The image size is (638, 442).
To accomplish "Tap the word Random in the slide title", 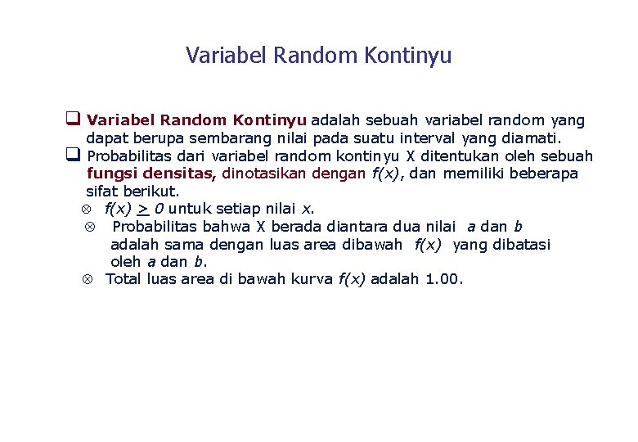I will pyautogui.click(x=315, y=56).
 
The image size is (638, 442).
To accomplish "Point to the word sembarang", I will pyautogui.click(x=236, y=138).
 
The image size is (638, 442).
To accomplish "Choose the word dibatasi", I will pyautogui.click(x=519, y=244).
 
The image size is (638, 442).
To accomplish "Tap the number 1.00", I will pyautogui.click(x=443, y=279).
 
